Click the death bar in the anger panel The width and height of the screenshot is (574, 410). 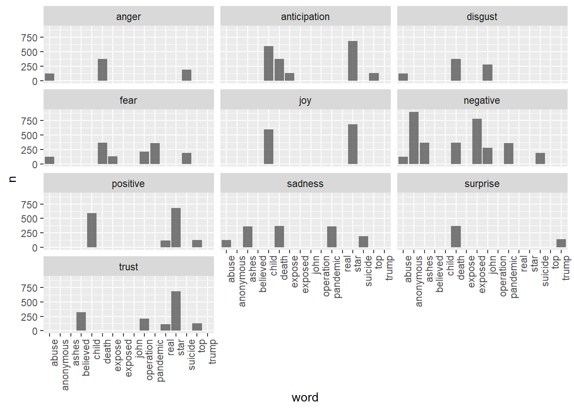click(x=102, y=70)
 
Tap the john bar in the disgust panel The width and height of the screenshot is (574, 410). click(x=487, y=73)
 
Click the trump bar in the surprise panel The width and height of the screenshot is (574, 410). click(x=561, y=243)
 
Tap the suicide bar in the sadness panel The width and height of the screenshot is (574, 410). click(x=363, y=242)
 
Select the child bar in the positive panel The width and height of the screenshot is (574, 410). click(x=92, y=230)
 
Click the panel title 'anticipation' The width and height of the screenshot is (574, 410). click(x=305, y=17)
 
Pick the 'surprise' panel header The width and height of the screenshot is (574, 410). click(x=482, y=184)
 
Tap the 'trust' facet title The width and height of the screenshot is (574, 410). click(x=129, y=267)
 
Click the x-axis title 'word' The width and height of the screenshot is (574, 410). click(x=305, y=397)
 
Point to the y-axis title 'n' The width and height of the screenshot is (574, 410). click(x=12, y=179)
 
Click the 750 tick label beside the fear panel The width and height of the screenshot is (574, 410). click(x=29, y=121)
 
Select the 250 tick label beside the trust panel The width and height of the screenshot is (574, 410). click(x=29, y=317)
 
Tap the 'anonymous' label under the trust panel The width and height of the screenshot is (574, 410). click(x=65, y=364)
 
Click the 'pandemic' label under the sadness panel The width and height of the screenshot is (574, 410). click(x=337, y=277)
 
